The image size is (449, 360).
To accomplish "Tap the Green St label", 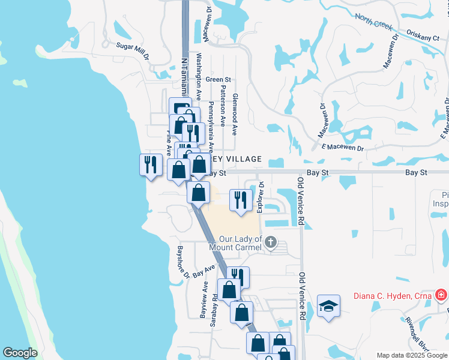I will [x=218, y=79].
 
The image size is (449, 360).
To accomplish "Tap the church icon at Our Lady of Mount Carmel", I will [x=271, y=242].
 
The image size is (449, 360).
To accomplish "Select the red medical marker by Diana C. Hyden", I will [x=442, y=295].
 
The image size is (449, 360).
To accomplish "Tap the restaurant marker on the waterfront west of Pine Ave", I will [x=150, y=164].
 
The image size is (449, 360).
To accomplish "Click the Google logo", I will [x=20, y=353].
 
